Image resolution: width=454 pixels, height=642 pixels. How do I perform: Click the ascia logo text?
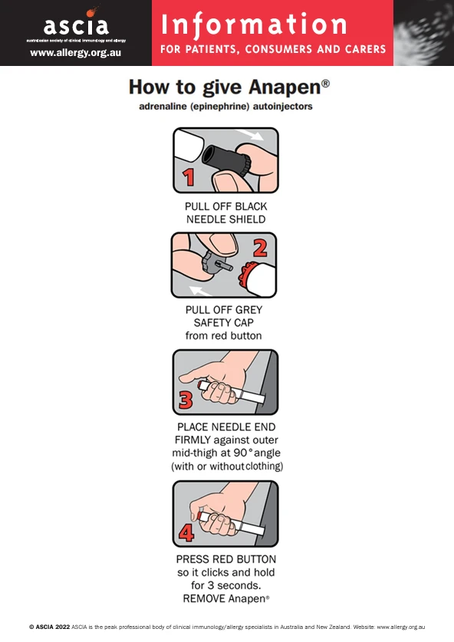click(76, 25)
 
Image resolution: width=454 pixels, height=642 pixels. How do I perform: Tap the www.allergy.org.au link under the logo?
click(76, 53)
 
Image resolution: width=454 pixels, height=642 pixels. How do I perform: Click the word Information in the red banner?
click(254, 25)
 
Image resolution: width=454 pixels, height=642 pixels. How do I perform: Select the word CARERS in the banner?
click(366, 50)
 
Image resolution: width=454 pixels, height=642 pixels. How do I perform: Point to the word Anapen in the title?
click(285, 87)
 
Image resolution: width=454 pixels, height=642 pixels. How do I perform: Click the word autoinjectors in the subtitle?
click(282, 107)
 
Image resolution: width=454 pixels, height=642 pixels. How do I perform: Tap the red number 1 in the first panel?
click(188, 178)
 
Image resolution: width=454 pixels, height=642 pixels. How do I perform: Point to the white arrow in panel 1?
click(251, 135)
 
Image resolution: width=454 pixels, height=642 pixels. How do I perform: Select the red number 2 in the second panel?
click(261, 248)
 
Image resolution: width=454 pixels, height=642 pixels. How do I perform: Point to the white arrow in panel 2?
click(200, 291)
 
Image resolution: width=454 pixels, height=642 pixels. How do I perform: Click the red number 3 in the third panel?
click(186, 400)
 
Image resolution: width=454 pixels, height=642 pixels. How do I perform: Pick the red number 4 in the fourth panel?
click(186, 532)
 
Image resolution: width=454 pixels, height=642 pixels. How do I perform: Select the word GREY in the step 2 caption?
click(246, 310)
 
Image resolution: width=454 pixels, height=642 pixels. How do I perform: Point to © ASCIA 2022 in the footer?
click(49, 627)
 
